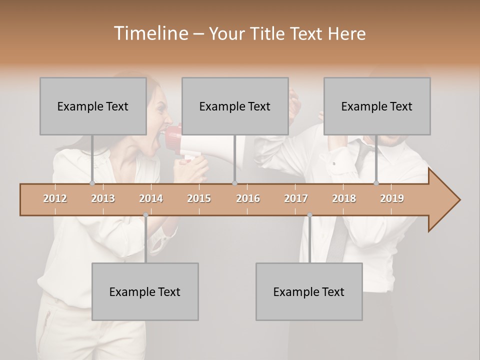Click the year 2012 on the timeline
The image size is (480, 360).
(55, 198)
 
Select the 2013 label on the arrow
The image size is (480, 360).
(103, 198)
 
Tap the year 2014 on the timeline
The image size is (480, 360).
(151, 198)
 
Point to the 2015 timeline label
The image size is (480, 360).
(199, 198)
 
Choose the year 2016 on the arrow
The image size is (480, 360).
(248, 198)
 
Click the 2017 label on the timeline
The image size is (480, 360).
(296, 198)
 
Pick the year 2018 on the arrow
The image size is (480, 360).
(344, 198)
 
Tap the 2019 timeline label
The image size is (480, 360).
(392, 198)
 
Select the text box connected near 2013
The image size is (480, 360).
(93, 106)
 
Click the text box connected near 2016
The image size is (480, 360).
(235, 106)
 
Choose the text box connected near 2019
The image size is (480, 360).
(377, 106)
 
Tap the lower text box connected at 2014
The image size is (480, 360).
(145, 291)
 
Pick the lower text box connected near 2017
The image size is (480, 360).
(309, 291)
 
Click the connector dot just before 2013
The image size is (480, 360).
(92, 183)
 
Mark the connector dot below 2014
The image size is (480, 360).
(145, 215)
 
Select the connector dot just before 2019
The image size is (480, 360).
(376, 183)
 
